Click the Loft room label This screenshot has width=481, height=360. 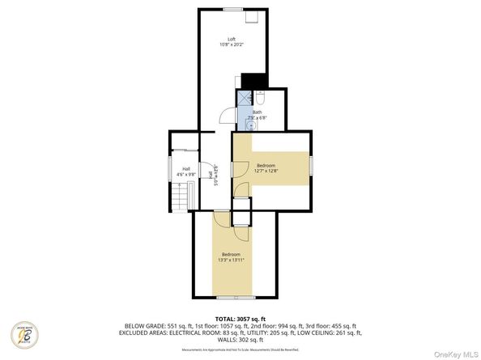click(231, 39)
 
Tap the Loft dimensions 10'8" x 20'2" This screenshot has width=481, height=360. click(231, 45)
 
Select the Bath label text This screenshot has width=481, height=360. click(258, 112)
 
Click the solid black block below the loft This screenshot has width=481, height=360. click(254, 80)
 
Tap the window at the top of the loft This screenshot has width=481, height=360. click(234, 9)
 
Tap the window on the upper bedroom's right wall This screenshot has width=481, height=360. click(312, 167)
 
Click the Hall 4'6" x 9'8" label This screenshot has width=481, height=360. click(185, 171)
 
